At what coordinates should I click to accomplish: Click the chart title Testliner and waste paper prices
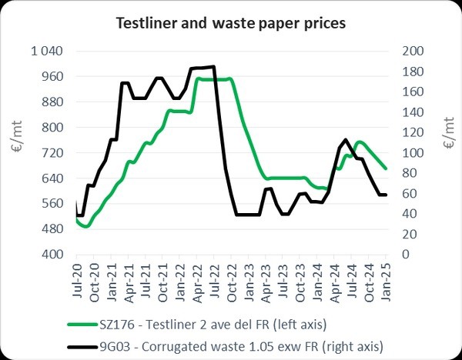231,24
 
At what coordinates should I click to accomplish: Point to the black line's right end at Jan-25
386,195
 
